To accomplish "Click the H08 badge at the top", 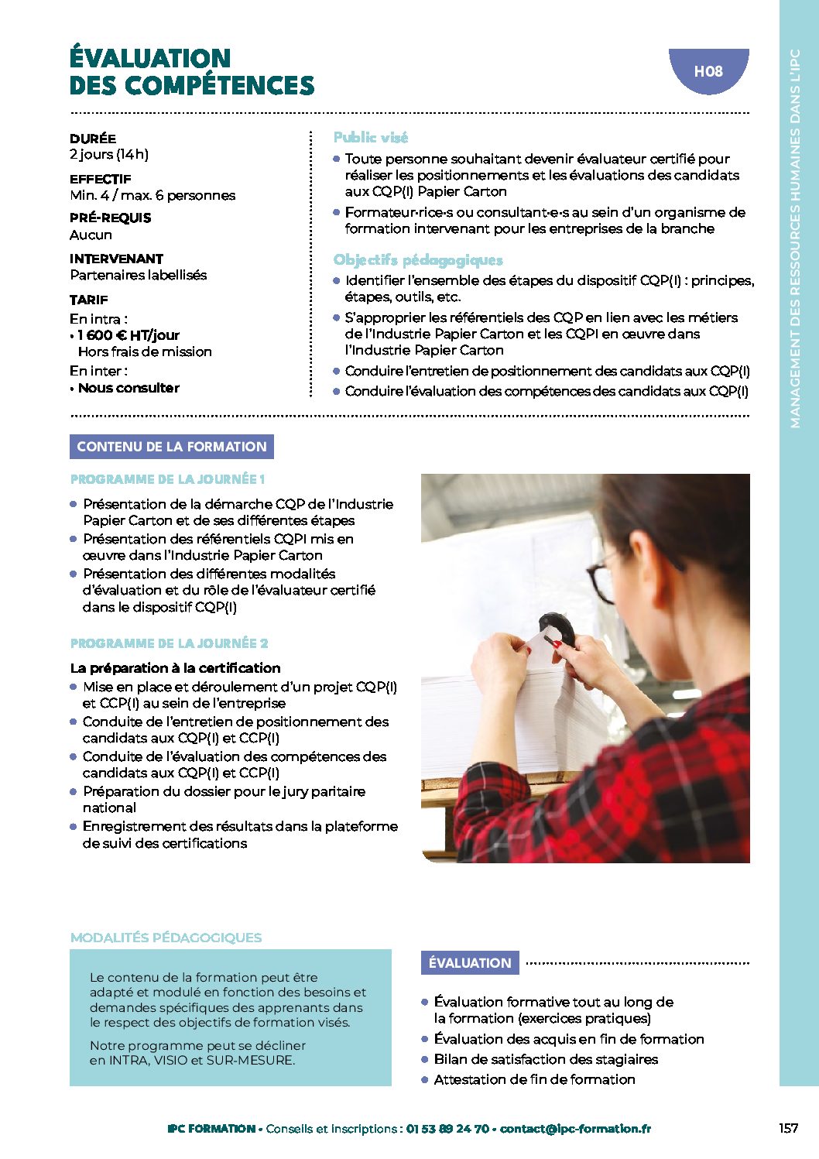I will (x=708, y=71).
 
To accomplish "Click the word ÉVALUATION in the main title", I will (x=150, y=58).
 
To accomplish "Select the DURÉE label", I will (x=93, y=139).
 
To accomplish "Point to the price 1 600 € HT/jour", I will (x=129, y=335).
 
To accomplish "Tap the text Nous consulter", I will (x=129, y=388).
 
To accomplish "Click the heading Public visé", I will (x=371, y=137).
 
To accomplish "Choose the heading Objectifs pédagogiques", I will (x=418, y=260).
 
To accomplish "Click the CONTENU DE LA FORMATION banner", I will (x=172, y=447).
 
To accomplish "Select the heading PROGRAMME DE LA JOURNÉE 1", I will (x=168, y=479).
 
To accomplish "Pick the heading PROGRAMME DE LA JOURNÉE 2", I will (x=170, y=643).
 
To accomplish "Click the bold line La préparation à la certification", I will (x=175, y=668).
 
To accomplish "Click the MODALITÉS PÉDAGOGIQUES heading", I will (x=166, y=938).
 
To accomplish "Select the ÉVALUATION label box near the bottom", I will (x=470, y=963).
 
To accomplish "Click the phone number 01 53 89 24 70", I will (x=447, y=1129).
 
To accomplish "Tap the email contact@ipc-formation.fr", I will (x=575, y=1129).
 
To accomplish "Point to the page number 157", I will (x=788, y=1128).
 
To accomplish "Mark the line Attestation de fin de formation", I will (x=534, y=1079).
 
